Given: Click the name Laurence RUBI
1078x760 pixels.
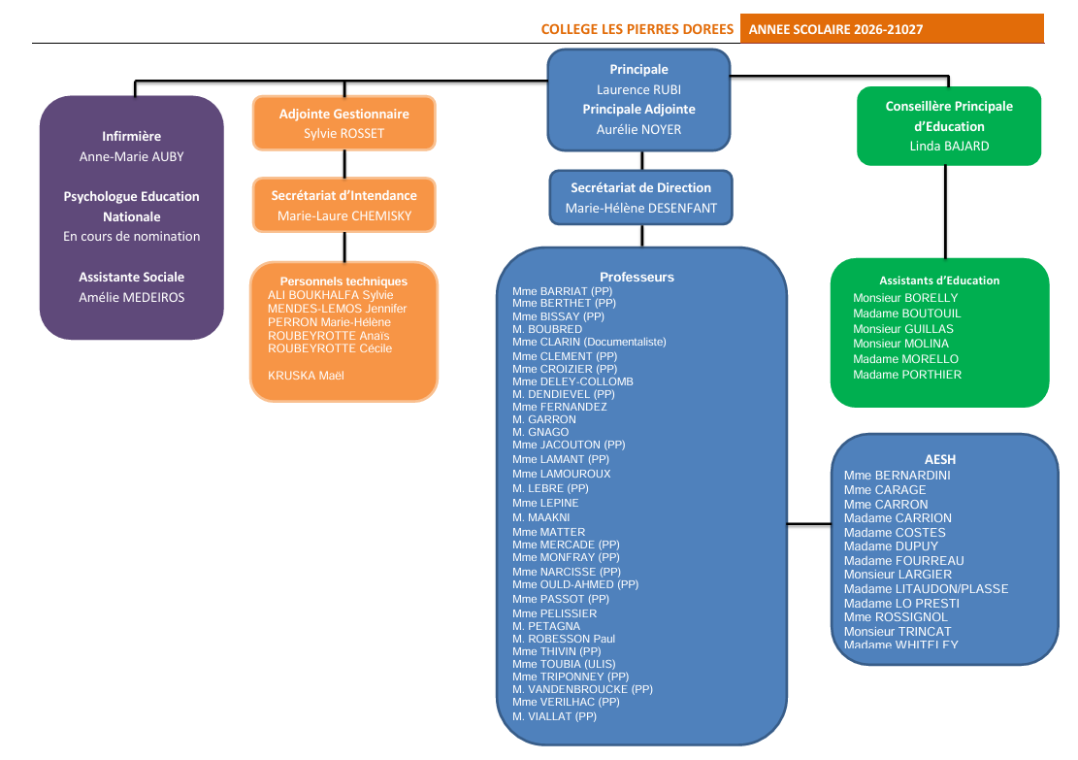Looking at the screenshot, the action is (638, 89).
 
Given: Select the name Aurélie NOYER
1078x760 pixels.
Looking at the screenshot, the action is (638, 129).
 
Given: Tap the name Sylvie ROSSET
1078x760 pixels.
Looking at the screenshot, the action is (343, 133).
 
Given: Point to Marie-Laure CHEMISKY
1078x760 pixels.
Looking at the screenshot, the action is (344, 215).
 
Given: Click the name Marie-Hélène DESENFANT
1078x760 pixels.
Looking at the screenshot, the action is (640, 208).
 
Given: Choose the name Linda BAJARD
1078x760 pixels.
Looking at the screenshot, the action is (949, 146).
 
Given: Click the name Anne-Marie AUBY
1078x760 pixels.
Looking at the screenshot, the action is (131, 157).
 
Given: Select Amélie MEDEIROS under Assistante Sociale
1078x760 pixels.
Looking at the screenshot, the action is (131, 297).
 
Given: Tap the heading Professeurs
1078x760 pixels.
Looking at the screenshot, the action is (637, 278).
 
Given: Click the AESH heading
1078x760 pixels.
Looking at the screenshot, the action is (940, 459).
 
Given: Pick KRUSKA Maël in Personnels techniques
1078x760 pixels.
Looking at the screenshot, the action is (306, 376).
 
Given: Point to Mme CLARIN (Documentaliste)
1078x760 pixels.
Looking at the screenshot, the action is (589, 342).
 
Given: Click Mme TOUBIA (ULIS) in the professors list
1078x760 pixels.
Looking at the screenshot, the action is (564, 664).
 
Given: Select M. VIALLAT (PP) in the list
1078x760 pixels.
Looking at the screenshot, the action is (554, 716).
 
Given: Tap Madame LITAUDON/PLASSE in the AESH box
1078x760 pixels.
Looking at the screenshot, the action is (926, 589).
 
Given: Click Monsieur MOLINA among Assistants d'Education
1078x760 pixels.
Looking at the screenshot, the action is (900, 344).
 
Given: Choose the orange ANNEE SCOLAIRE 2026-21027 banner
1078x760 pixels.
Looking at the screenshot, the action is (892, 29).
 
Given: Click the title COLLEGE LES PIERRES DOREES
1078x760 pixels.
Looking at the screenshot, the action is (637, 29).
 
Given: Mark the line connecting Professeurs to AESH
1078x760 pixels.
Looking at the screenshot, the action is (809, 524).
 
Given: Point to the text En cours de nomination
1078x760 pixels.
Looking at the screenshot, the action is (131, 237).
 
